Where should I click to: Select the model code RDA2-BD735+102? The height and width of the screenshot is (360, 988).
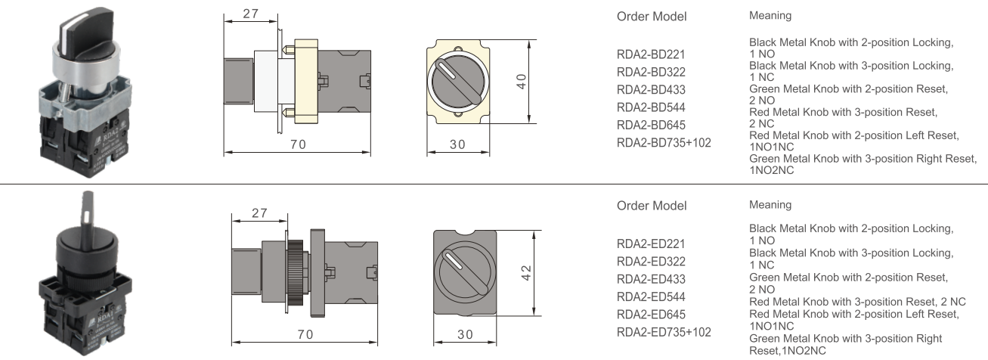(664, 142)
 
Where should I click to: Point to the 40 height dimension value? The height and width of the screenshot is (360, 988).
(521, 81)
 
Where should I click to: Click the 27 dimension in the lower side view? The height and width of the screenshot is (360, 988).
(259, 213)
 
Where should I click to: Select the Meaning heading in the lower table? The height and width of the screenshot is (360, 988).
(770, 205)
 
